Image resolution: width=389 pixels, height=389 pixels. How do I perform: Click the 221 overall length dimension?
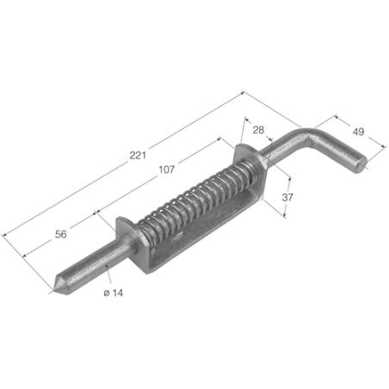tap(138, 155)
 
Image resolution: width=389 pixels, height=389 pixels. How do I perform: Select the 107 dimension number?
tap(167, 170)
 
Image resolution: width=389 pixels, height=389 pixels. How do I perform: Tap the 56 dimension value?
tap(61, 234)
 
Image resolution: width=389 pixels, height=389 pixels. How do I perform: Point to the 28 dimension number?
tap(258, 130)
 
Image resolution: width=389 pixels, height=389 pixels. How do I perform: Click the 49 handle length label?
tap(358, 132)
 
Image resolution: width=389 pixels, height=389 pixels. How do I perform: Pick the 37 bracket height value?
tap(287, 197)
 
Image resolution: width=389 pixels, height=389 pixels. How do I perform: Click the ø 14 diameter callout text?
tap(114, 293)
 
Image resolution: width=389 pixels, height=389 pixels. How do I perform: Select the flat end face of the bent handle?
tap(361, 165)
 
